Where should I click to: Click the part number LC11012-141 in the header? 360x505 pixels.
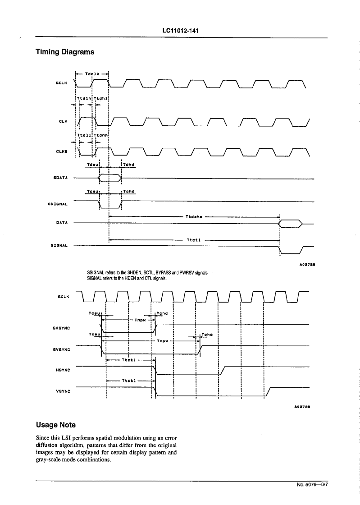181,31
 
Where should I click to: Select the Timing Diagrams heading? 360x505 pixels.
65,52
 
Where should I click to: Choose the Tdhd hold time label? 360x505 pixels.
129,165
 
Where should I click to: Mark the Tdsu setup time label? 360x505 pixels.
93,165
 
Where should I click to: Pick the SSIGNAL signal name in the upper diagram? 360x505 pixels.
58,204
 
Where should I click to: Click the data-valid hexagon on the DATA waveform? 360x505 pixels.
291,223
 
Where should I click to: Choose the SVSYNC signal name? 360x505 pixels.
61,350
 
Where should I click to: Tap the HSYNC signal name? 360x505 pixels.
63,370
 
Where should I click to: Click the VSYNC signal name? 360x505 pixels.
63,392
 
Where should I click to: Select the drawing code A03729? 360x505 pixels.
302,406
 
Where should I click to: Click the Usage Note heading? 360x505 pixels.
56,425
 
